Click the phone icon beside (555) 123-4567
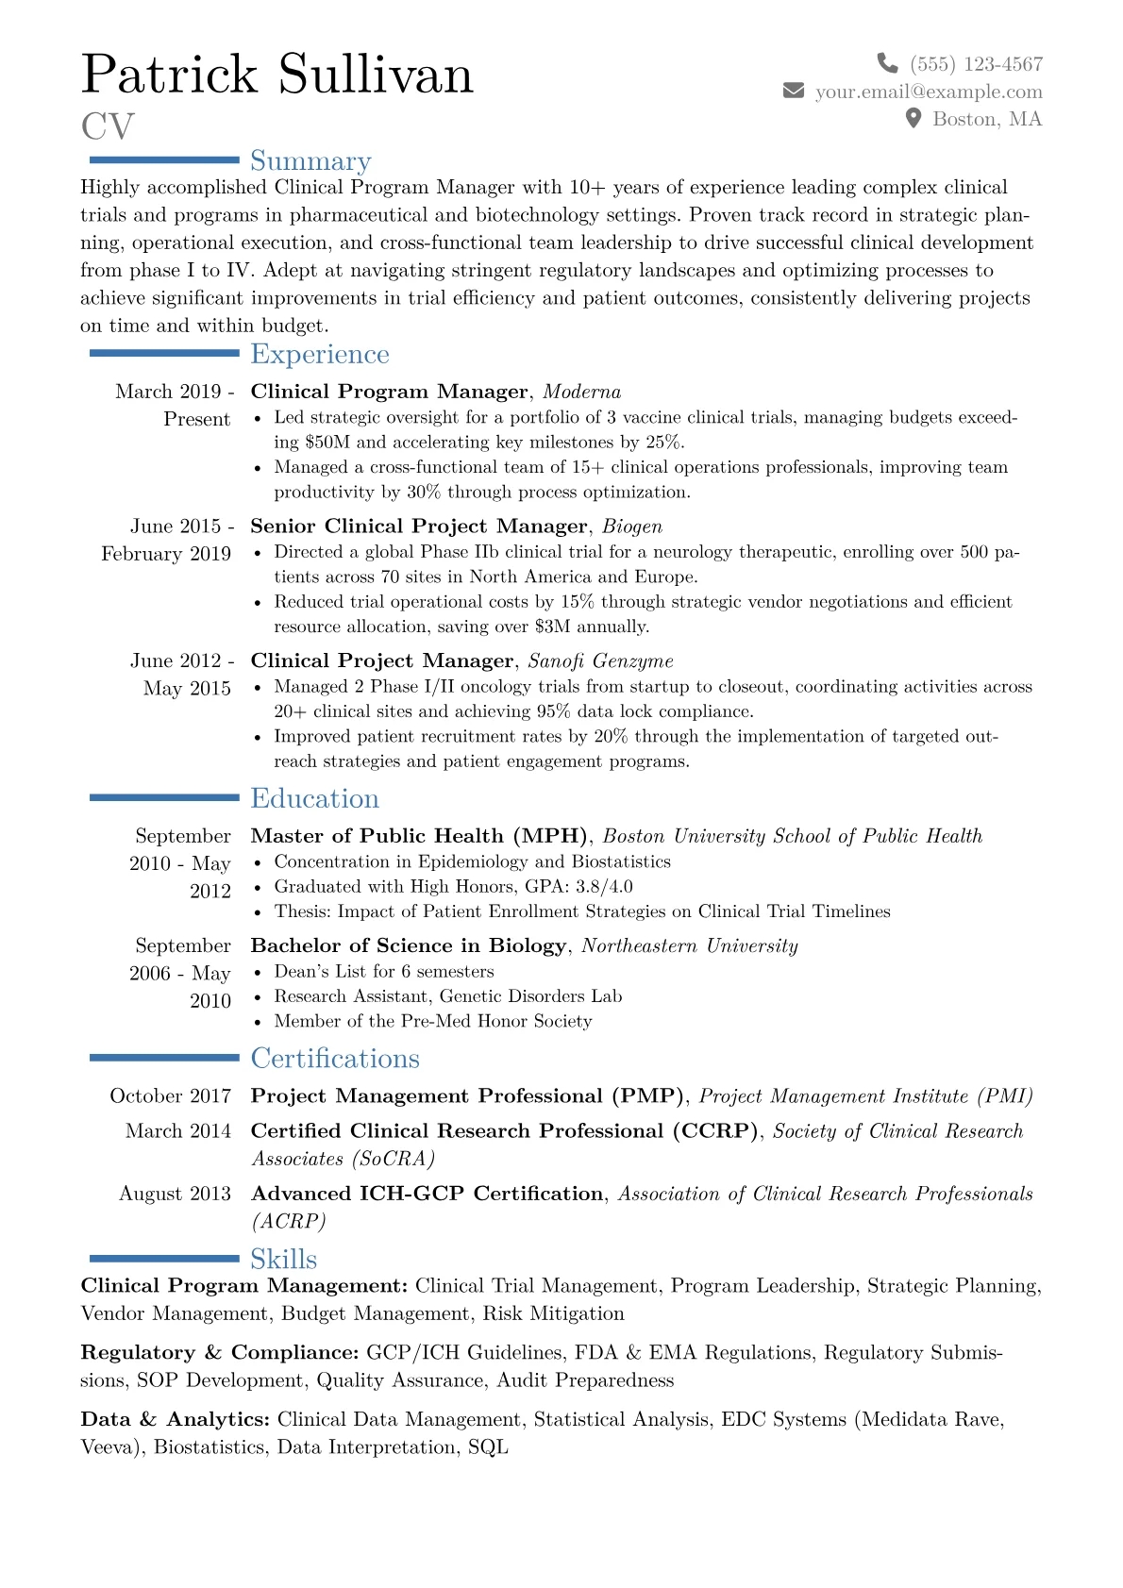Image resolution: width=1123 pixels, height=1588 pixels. pyautogui.click(x=887, y=63)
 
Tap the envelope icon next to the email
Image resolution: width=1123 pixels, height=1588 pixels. pyautogui.click(x=794, y=91)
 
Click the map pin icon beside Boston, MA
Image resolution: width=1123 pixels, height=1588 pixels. pyautogui.click(x=913, y=118)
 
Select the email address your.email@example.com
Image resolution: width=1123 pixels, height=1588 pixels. pyautogui.click(x=929, y=92)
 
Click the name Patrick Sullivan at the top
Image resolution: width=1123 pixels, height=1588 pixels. pyautogui.click(x=277, y=75)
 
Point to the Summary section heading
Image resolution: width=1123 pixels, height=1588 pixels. pyautogui.click(x=310, y=161)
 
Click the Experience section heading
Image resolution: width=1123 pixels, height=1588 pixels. pyautogui.click(x=319, y=354)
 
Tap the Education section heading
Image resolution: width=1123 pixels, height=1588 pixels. pyautogui.click(x=314, y=798)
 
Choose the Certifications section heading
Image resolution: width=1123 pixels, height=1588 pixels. pyautogui.click(x=334, y=1059)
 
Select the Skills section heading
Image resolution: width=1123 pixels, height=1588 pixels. pyautogui.click(x=283, y=1259)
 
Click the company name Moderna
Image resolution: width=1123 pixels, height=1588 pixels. pyautogui.click(x=581, y=392)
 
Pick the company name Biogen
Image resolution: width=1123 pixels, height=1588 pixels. pyautogui.click(x=632, y=527)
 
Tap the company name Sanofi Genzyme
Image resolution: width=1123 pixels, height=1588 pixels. pyautogui.click(x=600, y=661)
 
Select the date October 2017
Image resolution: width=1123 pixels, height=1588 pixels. pyautogui.click(x=171, y=1096)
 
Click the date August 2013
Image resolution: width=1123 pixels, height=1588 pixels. pyautogui.click(x=175, y=1195)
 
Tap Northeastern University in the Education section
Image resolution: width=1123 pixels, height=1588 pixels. pyautogui.click(x=689, y=946)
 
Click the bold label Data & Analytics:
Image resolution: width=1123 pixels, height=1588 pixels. pyautogui.click(x=176, y=1420)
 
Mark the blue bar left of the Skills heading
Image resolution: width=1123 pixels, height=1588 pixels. pyautogui.click(x=164, y=1258)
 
